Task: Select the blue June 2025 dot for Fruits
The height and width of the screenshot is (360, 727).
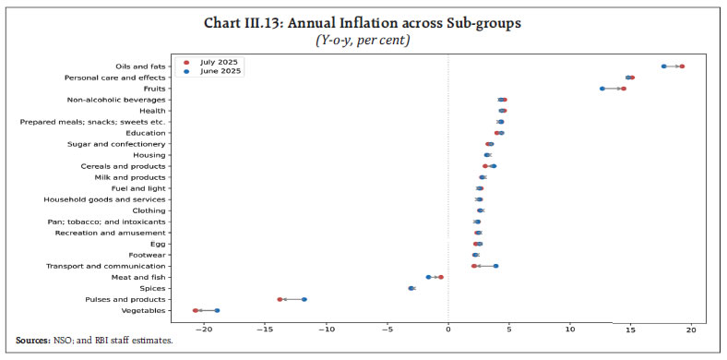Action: coord(602,89)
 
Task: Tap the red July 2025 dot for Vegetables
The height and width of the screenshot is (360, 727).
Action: coord(196,310)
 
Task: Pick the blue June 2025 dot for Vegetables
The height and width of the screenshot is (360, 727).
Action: coord(217,310)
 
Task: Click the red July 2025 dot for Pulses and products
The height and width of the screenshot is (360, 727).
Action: coord(280,299)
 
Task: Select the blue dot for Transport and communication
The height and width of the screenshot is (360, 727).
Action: coord(495,266)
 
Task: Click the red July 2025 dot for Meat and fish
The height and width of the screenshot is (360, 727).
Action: coord(441,277)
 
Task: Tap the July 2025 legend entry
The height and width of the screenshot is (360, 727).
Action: coord(217,62)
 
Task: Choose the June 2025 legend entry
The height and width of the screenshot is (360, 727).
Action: coord(217,71)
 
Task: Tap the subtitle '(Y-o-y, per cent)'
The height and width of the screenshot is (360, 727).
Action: coord(363,41)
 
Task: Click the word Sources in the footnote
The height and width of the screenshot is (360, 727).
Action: coord(33,341)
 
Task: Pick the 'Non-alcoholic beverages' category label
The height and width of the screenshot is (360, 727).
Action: coord(116,100)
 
